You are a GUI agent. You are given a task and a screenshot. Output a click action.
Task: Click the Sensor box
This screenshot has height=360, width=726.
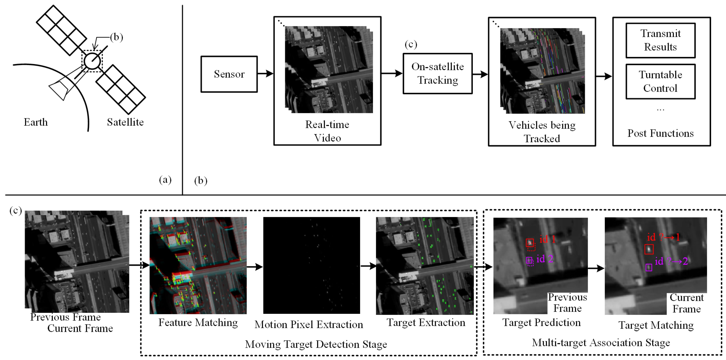[229, 74]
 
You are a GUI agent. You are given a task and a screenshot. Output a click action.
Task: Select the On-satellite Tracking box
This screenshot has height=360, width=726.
[437, 74]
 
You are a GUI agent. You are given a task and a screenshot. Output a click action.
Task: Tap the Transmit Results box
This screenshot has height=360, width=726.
[660, 40]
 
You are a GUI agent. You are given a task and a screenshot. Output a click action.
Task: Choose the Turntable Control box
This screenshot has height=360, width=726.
[660, 82]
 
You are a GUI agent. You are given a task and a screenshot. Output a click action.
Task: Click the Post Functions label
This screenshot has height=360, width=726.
[660, 133]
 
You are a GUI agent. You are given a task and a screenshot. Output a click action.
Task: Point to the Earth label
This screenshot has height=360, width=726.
[36, 122]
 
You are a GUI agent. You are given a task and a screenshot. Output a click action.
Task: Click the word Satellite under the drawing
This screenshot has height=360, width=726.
[125, 122]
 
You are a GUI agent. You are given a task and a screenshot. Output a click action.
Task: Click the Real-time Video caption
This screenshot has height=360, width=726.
[327, 131]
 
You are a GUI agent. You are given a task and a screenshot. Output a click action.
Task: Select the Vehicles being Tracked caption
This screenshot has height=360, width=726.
[542, 132]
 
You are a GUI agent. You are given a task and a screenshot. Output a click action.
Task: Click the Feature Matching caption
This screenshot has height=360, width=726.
[198, 322]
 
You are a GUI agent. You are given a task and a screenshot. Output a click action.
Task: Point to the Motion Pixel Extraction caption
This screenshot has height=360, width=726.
[309, 324]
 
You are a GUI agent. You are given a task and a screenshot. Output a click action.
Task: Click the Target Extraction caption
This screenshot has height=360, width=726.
[426, 322]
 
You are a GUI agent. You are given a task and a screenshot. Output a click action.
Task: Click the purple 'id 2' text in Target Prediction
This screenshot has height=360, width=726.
[544, 259]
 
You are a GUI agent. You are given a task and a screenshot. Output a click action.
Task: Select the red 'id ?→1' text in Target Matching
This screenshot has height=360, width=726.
[663, 237]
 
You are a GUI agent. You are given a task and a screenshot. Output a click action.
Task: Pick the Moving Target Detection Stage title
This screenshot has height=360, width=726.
[316, 344]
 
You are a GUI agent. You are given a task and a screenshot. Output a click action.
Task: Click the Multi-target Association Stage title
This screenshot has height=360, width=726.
[601, 343]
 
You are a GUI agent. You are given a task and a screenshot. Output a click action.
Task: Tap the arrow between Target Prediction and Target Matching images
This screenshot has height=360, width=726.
[596, 268]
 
